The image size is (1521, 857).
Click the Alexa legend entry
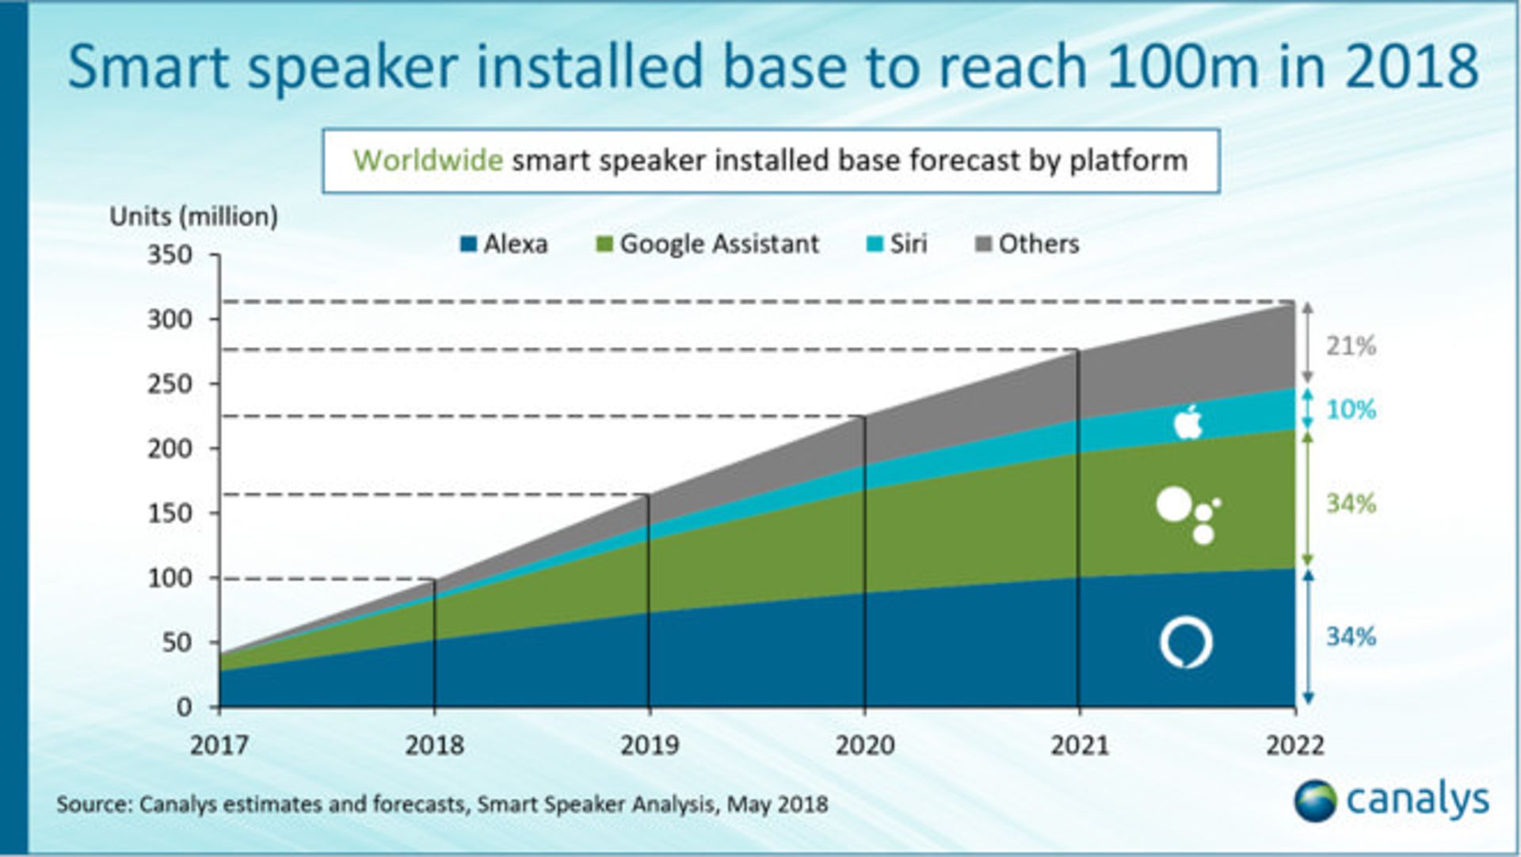(x=505, y=244)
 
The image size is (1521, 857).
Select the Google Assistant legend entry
(x=707, y=244)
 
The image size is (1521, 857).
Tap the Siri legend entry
(x=897, y=244)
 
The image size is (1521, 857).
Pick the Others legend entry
(x=1027, y=244)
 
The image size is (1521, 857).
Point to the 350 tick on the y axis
(x=170, y=255)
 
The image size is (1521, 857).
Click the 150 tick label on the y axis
(x=170, y=513)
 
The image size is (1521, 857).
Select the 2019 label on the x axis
(x=649, y=745)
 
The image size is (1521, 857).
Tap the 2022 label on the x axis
(x=1294, y=745)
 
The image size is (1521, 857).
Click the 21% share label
(x=1351, y=346)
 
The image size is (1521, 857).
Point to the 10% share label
(x=1351, y=409)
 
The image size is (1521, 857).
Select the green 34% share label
(x=1351, y=504)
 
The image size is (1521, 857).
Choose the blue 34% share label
(x=1351, y=637)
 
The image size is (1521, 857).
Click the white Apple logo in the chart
(x=1187, y=422)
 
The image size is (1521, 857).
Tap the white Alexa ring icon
(x=1186, y=642)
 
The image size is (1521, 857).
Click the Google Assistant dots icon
(x=1187, y=515)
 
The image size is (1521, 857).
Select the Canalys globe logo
(x=1315, y=801)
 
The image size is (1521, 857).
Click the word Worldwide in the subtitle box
(x=428, y=161)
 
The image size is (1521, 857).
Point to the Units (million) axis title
(x=194, y=216)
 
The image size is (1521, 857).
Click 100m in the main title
(x=1182, y=67)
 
